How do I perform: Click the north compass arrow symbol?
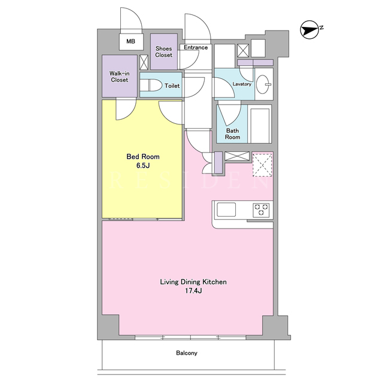[x=310, y=30]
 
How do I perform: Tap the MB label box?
[x=131, y=41]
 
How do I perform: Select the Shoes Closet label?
[x=163, y=52]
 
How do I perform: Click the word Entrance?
[x=196, y=47]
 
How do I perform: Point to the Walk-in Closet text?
[x=120, y=77]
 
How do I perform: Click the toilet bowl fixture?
[x=151, y=85]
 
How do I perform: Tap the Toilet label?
[x=172, y=86]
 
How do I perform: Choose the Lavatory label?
[x=242, y=84]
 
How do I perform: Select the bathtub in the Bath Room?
[x=260, y=124]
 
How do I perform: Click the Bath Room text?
[x=232, y=134]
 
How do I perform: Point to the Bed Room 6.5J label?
[x=143, y=161]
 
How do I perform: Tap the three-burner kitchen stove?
[x=261, y=210]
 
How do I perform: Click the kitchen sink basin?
[x=226, y=209]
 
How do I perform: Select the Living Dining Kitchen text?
[x=193, y=282]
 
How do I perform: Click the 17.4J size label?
[x=193, y=291]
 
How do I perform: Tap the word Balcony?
[x=187, y=353]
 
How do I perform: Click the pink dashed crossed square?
[x=262, y=165]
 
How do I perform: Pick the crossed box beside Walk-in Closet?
[x=144, y=62]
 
